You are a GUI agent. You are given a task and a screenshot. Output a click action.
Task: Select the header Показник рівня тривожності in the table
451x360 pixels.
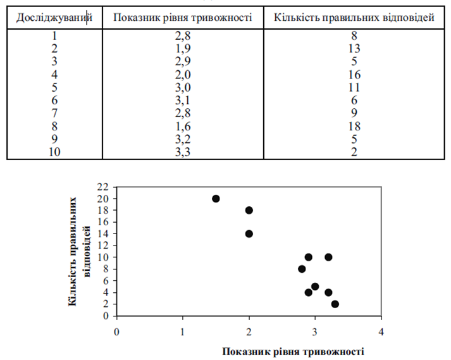182,17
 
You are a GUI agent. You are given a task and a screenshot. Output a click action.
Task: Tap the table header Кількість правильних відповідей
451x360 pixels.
354,17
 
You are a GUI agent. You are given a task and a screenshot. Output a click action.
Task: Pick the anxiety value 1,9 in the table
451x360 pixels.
182,48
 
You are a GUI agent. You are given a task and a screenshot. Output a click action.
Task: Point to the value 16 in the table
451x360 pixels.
354,74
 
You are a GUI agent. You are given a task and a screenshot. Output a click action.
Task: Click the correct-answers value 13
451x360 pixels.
354,48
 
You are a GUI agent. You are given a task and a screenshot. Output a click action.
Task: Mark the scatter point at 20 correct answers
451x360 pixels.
216,199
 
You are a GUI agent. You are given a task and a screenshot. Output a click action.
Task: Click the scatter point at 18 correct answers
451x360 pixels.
249,210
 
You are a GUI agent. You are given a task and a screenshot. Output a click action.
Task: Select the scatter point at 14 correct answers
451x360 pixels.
249,233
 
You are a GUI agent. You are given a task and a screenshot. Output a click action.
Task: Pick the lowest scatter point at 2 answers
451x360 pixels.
335,304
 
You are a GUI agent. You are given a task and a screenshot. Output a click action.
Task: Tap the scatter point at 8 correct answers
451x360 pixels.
302,269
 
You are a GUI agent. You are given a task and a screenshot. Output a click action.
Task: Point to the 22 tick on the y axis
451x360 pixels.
104,187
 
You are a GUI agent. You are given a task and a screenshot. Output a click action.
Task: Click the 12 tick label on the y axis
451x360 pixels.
104,245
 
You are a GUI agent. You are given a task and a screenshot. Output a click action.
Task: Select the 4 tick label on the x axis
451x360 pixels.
381,331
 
